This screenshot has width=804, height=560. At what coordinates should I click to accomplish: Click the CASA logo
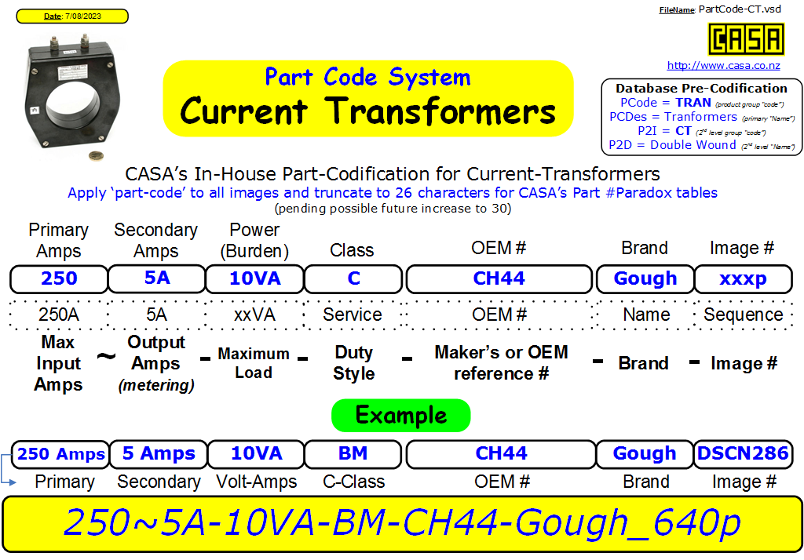pyautogui.click(x=746, y=39)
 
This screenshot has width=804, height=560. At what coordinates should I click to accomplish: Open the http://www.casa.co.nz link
pyautogui.click(x=723, y=66)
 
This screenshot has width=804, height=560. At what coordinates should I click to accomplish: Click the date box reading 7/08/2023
pyautogui.click(x=72, y=16)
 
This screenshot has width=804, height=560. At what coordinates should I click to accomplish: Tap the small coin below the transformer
pyautogui.click(x=96, y=156)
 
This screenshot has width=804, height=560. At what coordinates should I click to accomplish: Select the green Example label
pyautogui.click(x=401, y=416)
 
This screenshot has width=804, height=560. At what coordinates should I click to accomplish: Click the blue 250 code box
pyautogui.click(x=59, y=278)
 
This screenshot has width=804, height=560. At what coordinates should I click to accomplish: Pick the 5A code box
pyautogui.click(x=157, y=278)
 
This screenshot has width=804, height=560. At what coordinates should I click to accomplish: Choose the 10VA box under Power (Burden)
pyautogui.click(x=255, y=278)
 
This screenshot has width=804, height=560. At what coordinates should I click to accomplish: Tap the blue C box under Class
pyautogui.click(x=353, y=278)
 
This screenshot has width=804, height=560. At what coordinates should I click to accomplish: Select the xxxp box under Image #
pyautogui.click(x=743, y=278)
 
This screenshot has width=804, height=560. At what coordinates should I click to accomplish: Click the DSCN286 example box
pyautogui.click(x=743, y=454)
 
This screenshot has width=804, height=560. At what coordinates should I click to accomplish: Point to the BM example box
pyautogui.click(x=353, y=454)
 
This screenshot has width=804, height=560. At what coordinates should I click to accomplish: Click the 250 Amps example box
pyautogui.click(x=60, y=454)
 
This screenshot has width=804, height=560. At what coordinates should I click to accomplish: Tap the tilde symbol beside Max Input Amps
pyautogui.click(x=106, y=355)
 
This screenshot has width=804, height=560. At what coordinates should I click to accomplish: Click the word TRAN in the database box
pyautogui.click(x=693, y=103)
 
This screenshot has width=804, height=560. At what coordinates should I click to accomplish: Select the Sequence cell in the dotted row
pyautogui.click(x=743, y=315)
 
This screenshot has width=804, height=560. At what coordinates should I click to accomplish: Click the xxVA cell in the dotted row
pyautogui.click(x=255, y=315)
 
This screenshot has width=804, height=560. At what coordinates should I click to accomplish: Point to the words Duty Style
pyautogui.click(x=354, y=362)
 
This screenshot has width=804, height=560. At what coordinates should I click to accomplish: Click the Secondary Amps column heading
pyautogui.click(x=156, y=240)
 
